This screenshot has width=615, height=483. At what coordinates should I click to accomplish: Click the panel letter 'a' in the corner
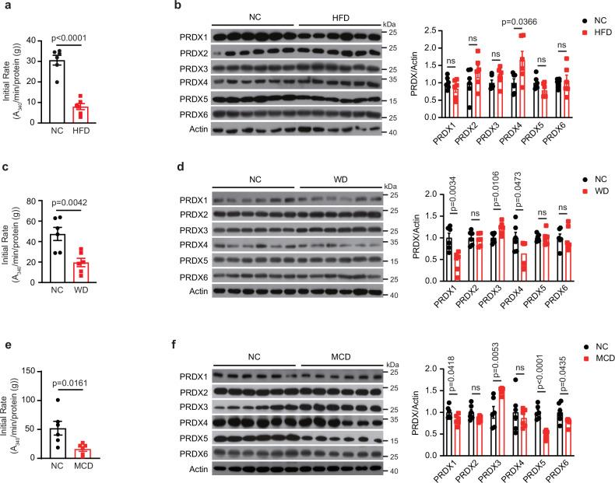[x=5, y=6]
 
